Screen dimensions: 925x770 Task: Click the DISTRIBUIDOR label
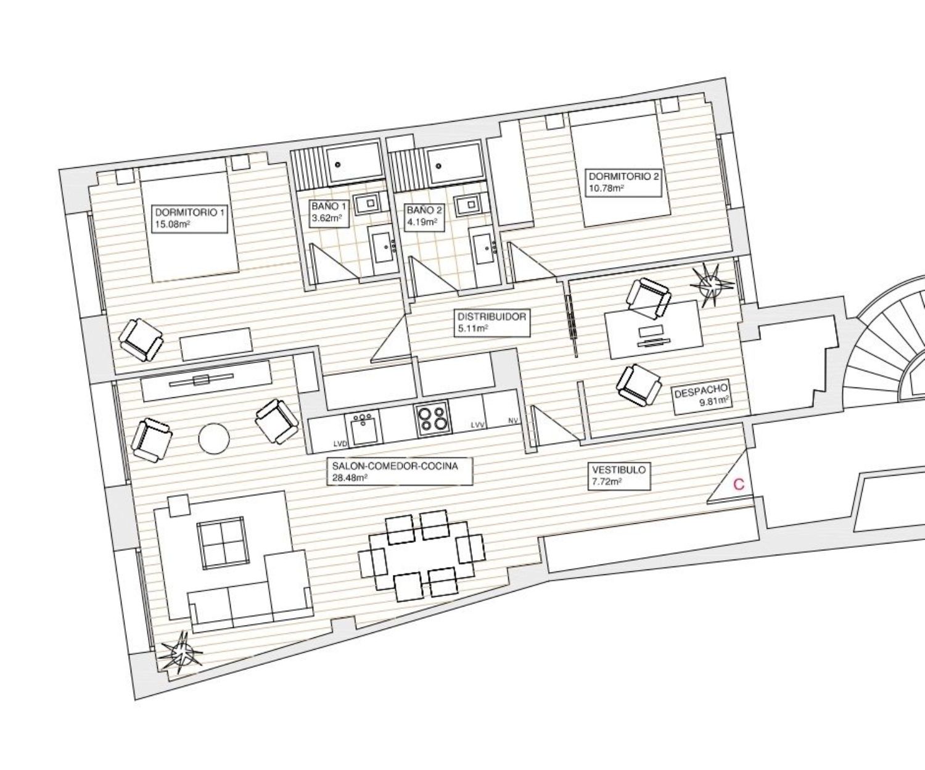(491, 322)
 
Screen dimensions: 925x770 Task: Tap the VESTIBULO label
(620, 476)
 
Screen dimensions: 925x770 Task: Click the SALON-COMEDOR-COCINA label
(400, 471)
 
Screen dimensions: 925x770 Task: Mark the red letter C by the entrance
(739, 484)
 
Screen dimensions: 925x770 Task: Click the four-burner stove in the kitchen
(433, 418)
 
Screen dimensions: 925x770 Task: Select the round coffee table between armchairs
(214, 439)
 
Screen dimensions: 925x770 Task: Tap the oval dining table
(421, 555)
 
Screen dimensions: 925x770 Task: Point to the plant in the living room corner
(182, 652)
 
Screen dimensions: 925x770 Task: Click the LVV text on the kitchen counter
(478, 425)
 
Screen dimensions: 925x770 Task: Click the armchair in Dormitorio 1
(141, 339)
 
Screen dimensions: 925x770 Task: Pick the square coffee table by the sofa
(221, 542)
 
